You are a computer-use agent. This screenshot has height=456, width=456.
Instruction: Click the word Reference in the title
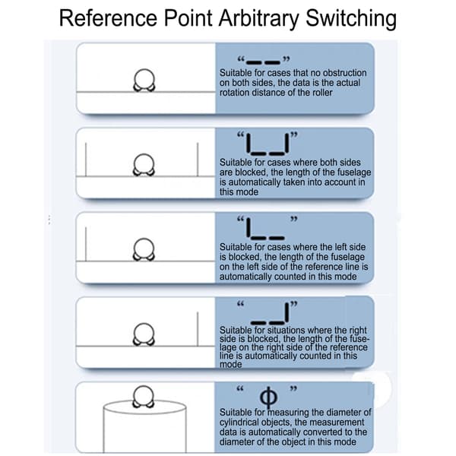click(108, 18)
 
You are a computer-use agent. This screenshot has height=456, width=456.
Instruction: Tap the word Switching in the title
click(351, 19)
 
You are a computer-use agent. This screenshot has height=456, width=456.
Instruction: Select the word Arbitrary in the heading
click(258, 19)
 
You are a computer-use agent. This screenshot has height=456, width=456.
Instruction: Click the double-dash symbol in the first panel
click(263, 62)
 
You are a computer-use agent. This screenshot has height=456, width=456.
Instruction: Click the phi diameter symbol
click(268, 397)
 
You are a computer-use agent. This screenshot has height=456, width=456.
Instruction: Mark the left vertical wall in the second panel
click(86, 160)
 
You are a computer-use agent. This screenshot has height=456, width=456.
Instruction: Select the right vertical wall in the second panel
click(198, 160)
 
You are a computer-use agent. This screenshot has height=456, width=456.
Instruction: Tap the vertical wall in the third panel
click(86, 244)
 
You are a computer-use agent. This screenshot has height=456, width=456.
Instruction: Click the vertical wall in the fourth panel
click(198, 329)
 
